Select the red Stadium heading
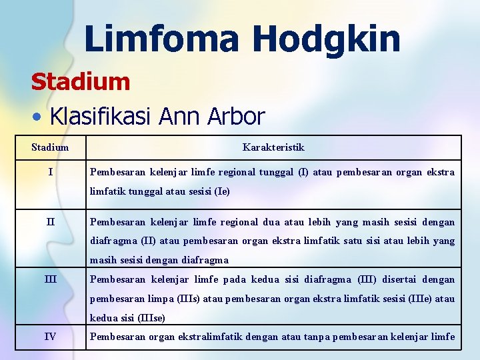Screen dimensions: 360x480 click(80, 83)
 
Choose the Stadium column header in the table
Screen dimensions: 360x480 click(50, 147)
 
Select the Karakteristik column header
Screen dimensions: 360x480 click(273, 147)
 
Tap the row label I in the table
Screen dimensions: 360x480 click(50, 172)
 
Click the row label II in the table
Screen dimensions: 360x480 click(50, 222)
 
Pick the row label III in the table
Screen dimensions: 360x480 click(50, 279)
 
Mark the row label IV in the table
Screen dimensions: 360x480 click(50, 337)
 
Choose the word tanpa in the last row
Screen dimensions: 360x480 click(317, 337)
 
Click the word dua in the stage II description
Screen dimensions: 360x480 click(270, 222)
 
